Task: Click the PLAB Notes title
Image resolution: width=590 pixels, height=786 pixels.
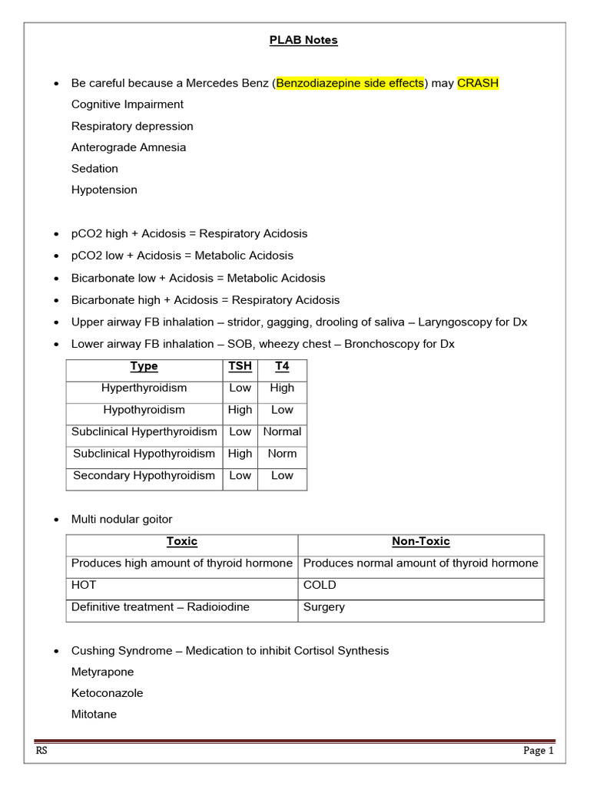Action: (x=303, y=40)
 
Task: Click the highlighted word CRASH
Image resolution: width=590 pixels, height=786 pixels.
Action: (x=478, y=83)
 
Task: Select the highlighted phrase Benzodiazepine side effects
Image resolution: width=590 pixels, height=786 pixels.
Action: (x=350, y=83)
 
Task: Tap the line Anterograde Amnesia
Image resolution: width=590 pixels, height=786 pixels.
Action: (x=128, y=147)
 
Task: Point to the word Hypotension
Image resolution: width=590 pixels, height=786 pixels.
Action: (x=104, y=190)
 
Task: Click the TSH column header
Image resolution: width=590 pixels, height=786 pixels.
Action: (x=240, y=366)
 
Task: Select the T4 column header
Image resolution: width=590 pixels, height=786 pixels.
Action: (x=282, y=366)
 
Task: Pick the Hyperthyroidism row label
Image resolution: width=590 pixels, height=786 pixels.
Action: (x=144, y=388)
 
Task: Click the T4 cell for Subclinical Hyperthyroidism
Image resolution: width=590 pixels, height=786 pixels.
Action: (x=282, y=432)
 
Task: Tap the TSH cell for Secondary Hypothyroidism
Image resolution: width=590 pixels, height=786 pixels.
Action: (x=240, y=476)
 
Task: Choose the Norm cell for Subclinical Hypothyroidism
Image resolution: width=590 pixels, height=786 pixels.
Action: (x=282, y=454)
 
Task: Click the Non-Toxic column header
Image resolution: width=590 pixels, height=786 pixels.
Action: (x=420, y=542)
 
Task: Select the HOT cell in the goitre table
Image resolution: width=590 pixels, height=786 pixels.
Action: (x=85, y=585)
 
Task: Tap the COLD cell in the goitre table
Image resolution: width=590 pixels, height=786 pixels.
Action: (x=320, y=585)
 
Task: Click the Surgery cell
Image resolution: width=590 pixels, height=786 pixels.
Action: (x=324, y=607)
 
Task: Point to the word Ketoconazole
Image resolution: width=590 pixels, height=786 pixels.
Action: (x=107, y=693)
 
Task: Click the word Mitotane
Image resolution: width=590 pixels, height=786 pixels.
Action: (x=94, y=715)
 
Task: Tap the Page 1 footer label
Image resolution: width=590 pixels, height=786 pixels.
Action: (x=539, y=751)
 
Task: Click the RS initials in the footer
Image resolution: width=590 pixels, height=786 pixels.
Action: (x=41, y=751)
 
